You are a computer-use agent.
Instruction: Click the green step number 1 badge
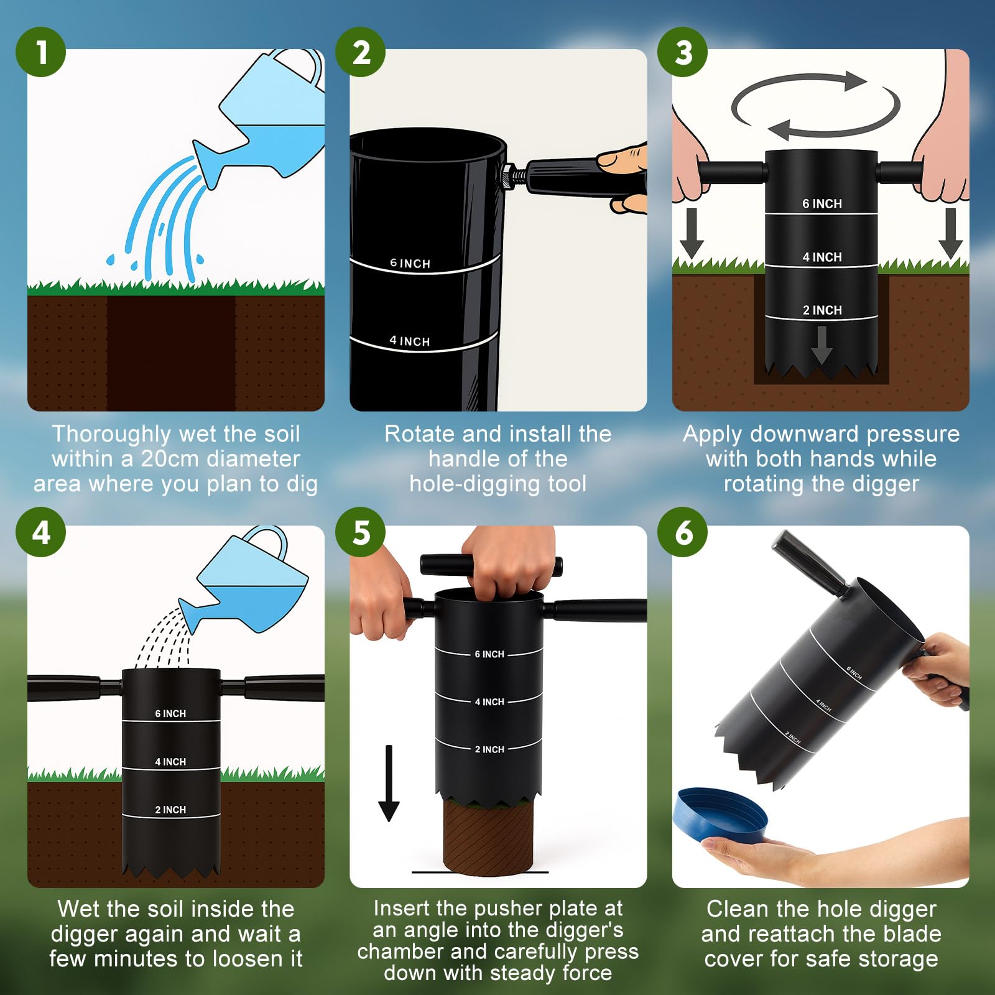pyautogui.click(x=41, y=52)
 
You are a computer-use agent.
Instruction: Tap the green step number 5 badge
pyautogui.click(x=361, y=532)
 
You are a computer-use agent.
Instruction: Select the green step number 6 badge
pyautogui.click(x=683, y=532)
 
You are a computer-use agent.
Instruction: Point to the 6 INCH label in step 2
pyautogui.click(x=410, y=263)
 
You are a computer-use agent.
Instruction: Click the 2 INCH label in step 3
pyautogui.click(x=822, y=310)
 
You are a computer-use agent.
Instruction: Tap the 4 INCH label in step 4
pyautogui.click(x=170, y=762)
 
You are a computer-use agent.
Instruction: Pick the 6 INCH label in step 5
pyautogui.click(x=489, y=654)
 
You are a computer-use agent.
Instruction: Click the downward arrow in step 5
pyautogui.click(x=389, y=783)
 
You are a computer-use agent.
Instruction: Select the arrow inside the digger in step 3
pyautogui.click(x=821, y=345)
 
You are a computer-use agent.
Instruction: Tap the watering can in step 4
pyautogui.click(x=244, y=580)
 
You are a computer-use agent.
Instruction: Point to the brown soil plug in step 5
pyautogui.click(x=489, y=836)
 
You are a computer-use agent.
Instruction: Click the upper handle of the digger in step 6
pyautogui.click(x=808, y=561)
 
